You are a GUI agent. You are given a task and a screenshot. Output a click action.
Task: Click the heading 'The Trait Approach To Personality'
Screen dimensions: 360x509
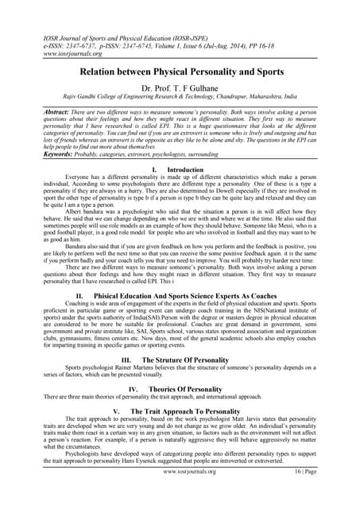click(188, 411)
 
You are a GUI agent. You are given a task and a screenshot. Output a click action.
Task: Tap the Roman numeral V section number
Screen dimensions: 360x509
click(118, 411)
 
